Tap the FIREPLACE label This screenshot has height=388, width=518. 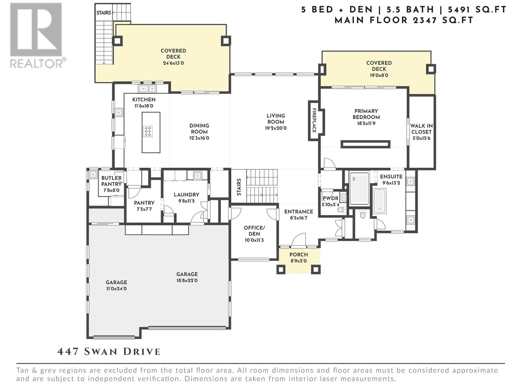click(314, 120)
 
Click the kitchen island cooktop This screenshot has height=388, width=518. click(148, 132)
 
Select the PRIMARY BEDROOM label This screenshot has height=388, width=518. click(366, 114)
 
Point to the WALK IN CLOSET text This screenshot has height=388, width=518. click(422, 129)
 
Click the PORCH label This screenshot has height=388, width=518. click(298, 255)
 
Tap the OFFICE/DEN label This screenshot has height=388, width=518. click(254, 231)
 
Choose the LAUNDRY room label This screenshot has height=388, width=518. click(186, 195)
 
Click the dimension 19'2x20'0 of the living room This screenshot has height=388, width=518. click(276, 128)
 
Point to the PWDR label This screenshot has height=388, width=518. click(331, 199)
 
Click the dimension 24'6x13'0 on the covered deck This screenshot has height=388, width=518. click(173, 63)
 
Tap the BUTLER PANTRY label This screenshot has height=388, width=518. click(111, 181)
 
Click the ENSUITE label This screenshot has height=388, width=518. click(391, 177)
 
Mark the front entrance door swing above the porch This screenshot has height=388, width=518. click(299, 240)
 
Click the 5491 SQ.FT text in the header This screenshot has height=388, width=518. click(477, 10)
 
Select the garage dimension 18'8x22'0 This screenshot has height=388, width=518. click(187, 281)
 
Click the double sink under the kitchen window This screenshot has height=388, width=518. click(147, 89)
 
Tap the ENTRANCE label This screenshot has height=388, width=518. click(298, 211)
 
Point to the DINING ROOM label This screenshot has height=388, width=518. click(199, 129)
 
